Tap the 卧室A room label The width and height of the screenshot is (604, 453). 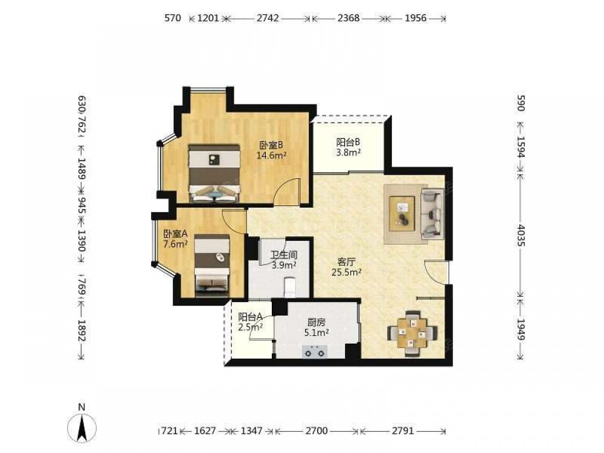coord(175,234)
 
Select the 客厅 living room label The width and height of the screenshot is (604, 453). coord(346,262)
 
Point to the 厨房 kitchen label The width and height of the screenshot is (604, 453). coord(316,323)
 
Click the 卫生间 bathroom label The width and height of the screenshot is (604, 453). coord(284,255)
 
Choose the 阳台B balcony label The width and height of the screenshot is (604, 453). coord(349,142)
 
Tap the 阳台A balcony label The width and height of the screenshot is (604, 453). coord(251,317)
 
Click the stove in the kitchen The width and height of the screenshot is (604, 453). coord(314,352)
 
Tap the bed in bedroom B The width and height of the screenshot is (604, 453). coord(214,173)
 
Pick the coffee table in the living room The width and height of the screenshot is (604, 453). coord(402,214)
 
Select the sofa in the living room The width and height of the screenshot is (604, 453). coord(431,213)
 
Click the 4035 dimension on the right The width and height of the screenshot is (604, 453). coord(520,235)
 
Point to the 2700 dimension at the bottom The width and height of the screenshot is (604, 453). coord(316,430)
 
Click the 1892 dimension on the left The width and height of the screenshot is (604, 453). coord(82,330)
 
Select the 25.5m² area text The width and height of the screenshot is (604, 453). coord(346,272)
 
